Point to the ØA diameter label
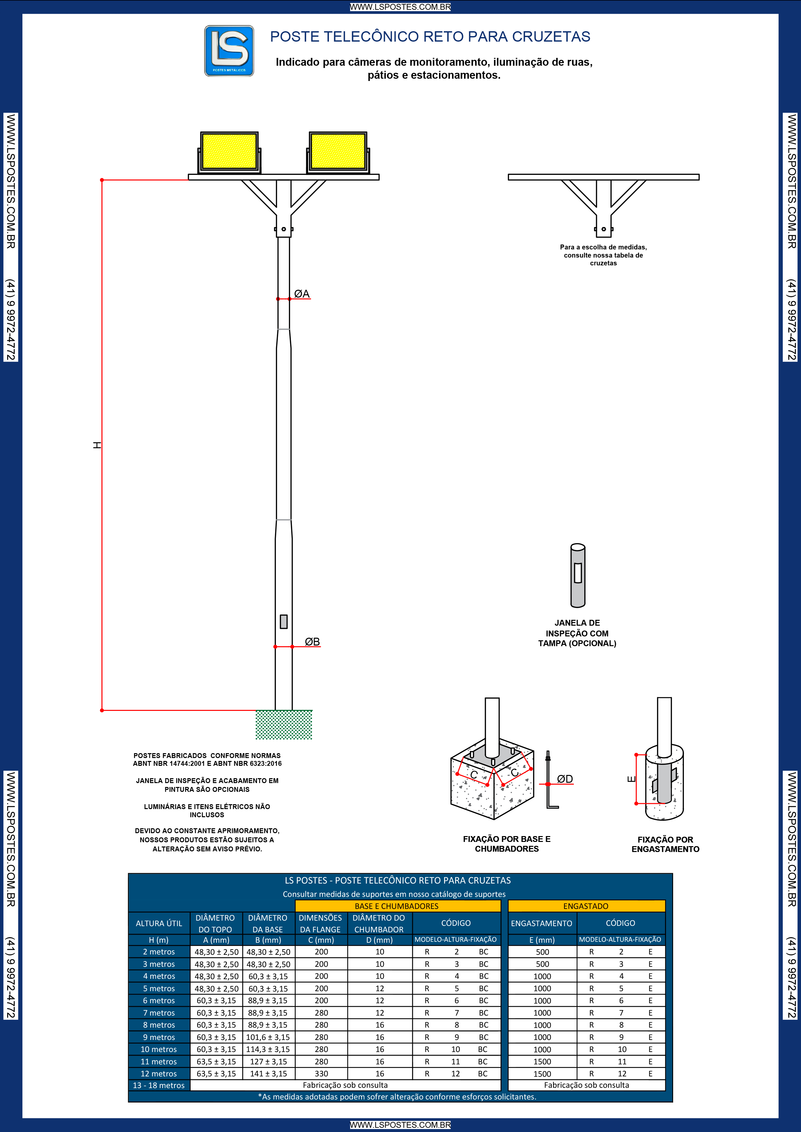click(x=302, y=294)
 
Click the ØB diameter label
click(x=312, y=641)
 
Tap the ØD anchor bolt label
click(x=565, y=779)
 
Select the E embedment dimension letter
click(x=631, y=779)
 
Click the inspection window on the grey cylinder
click(x=577, y=573)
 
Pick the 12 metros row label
click(x=159, y=1074)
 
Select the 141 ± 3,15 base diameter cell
click(x=268, y=1074)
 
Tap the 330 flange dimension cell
click(x=321, y=1074)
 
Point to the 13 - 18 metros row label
click(x=159, y=1085)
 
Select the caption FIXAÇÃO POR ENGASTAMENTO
click(x=665, y=844)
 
